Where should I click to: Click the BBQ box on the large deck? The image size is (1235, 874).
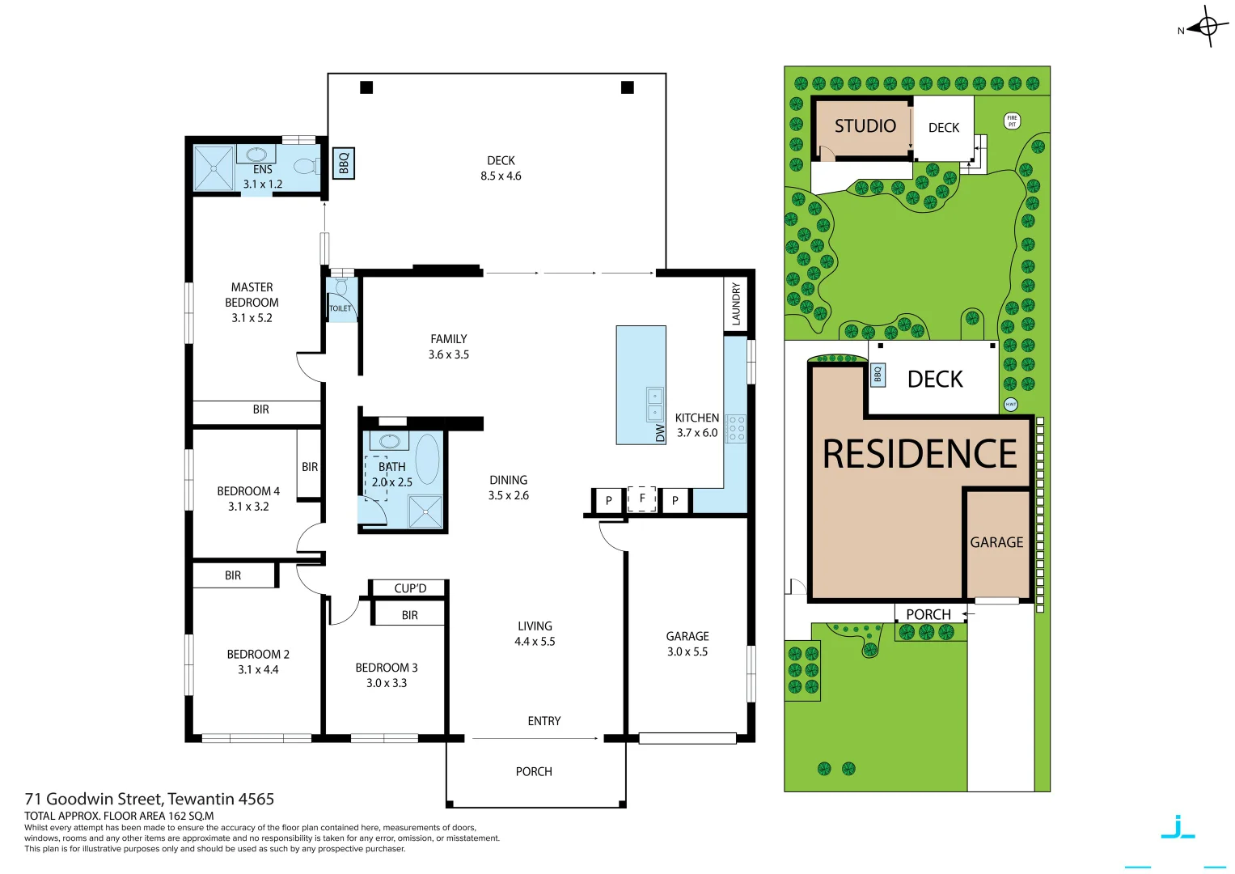pyautogui.click(x=344, y=163)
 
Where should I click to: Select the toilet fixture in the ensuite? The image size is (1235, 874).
pyautogui.click(x=306, y=167)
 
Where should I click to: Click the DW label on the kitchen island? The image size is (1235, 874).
pyautogui.click(x=660, y=433)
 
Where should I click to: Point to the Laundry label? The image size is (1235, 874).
pyautogui.click(x=735, y=303)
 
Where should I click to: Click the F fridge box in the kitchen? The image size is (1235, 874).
pyautogui.click(x=642, y=499)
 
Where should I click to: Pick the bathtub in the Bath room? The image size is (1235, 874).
pyautogui.click(x=428, y=459)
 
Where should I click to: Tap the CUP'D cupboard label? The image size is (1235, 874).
pyautogui.click(x=410, y=588)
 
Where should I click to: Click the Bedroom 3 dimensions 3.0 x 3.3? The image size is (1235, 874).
pyautogui.click(x=387, y=683)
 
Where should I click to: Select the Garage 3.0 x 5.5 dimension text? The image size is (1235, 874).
pyautogui.click(x=687, y=651)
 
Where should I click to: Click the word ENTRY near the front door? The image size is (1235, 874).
pyautogui.click(x=543, y=721)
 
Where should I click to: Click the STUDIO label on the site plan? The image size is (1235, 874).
pyautogui.click(x=865, y=126)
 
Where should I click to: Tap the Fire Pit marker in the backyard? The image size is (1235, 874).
pyautogui.click(x=1012, y=121)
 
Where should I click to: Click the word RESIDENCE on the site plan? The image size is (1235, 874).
pyautogui.click(x=920, y=454)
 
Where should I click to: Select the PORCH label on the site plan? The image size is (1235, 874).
pyautogui.click(x=928, y=614)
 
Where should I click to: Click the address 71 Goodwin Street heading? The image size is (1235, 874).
pyautogui.click(x=150, y=799)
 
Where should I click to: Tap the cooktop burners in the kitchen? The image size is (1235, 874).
pyautogui.click(x=736, y=428)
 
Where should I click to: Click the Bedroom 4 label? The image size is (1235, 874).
pyautogui.click(x=248, y=491)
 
